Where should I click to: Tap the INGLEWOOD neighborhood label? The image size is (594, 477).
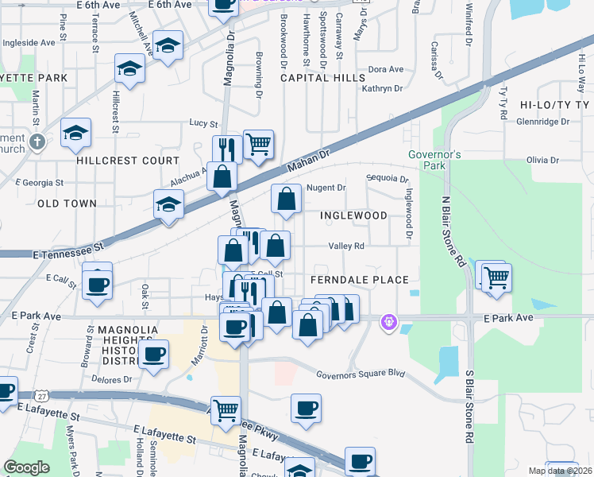pyautogui.click(x=353, y=215)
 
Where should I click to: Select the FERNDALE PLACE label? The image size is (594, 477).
pyautogui.click(x=359, y=280)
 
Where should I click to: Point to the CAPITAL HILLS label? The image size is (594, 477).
pyautogui.click(x=322, y=78)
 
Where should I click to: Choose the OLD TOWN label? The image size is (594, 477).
pyautogui.click(x=67, y=204)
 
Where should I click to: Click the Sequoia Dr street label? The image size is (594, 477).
pyautogui.click(x=387, y=179)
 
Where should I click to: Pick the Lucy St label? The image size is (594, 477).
pyautogui.click(x=203, y=123)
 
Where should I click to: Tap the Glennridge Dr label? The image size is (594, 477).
pyautogui.click(x=542, y=122)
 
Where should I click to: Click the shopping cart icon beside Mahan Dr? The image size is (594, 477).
pyautogui.click(x=258, y=145)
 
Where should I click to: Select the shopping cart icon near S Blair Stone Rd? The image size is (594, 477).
pyautogui.click(x=496, y=277)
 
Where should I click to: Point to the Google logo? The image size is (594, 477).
pyautogui.click(x=26, y=467)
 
